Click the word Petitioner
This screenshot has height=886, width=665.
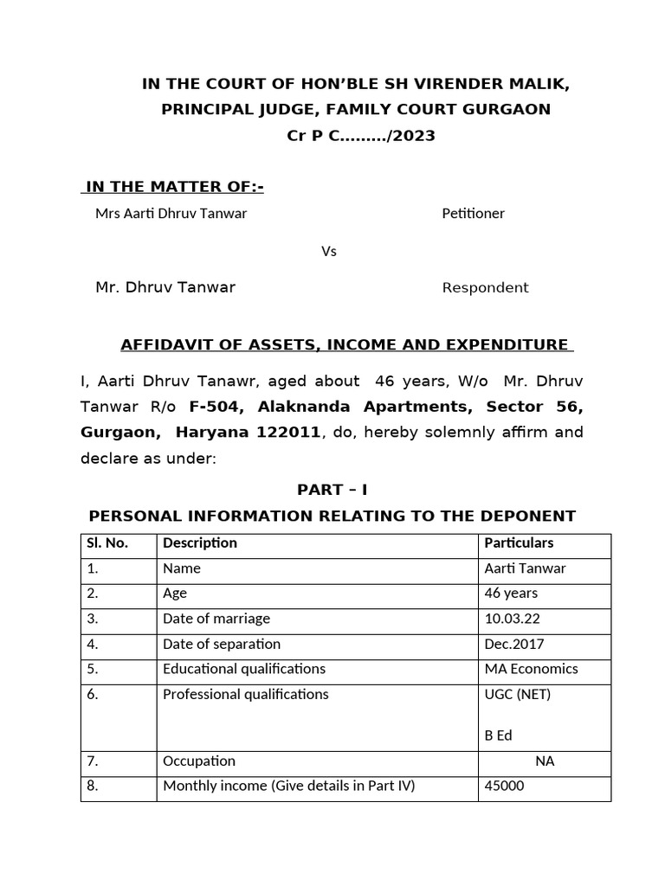pos(473,213)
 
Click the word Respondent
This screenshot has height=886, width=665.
pos(485,288)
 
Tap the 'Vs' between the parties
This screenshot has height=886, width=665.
pos(329,252)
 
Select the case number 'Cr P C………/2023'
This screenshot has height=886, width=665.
pos(361,136)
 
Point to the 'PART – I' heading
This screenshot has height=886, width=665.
pos(332,490)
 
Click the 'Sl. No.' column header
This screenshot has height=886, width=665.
pos(106,543)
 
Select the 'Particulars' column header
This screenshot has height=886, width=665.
pos(519,543)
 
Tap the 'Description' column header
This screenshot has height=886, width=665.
pos(199,543)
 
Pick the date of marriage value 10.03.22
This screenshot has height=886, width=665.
pos(511,619)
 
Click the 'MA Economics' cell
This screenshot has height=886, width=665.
pos(531,669)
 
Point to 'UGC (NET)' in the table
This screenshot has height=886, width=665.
pos(518,694)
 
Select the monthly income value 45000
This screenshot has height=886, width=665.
pos(504,786)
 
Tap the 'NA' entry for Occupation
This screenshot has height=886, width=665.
pos(545,761)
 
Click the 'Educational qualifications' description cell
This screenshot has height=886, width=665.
pos(243,669)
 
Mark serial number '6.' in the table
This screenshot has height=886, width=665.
pos(93,694)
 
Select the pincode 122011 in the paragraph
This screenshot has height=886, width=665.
pos(284,432)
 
